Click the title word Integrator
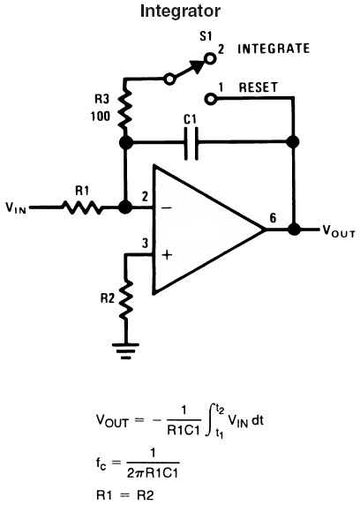[x=180, y=11]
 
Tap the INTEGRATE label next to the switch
[x=274, y=49]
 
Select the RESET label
[x=258, y=87]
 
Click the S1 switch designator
[x=206, y=36]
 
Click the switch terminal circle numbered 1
[x=211, y=99]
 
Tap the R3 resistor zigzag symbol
[x=125, y=109]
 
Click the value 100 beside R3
[x=100, y=117]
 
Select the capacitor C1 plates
[x=191, y=144]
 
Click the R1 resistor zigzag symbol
[x=82, y=207]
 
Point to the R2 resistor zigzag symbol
[x=126, y=299]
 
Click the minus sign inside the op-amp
[x=167, y=207]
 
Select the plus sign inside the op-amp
[x=167, y=255]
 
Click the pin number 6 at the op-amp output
[x=273, y=218]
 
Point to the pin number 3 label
[x=146, y=243]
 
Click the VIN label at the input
[x=16, y=208]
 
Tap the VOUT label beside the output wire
[x=339, y=231]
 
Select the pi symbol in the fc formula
[x=140, y=473]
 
